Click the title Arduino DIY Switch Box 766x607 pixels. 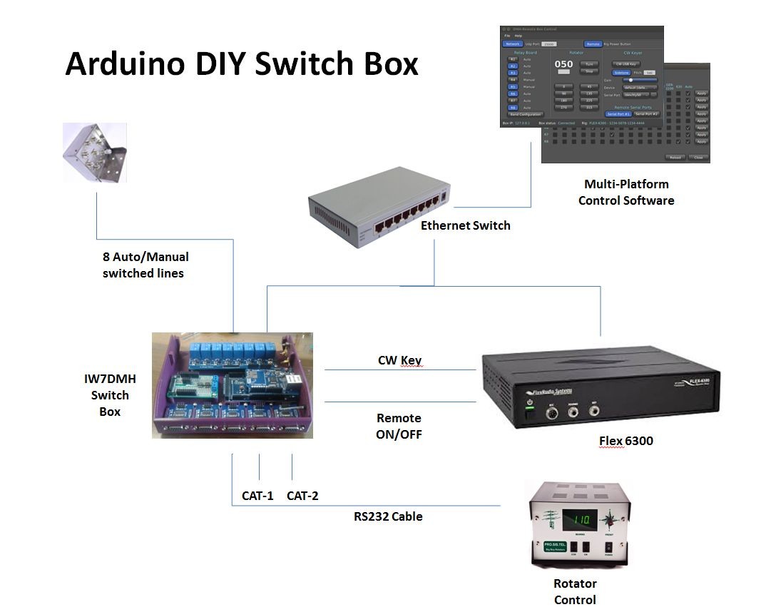[241, 63]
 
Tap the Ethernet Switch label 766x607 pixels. [465, 225]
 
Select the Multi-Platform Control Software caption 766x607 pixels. [626, 193]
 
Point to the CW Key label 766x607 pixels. [399, 360]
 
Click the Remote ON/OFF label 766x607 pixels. [399, 426]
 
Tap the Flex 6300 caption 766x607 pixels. [625, 441]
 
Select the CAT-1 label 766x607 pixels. [257, 496]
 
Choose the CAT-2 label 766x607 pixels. [302, 496]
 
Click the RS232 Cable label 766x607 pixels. [388, 516]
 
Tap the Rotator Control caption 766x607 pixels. [575, 591]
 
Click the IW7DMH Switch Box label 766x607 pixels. [110, 395]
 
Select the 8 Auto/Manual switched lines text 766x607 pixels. [145, 265]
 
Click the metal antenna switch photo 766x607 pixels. [94, 152]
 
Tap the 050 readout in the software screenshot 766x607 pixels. [563, 63]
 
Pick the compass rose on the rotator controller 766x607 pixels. [610, 521]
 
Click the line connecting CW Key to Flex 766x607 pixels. [399, 370]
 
